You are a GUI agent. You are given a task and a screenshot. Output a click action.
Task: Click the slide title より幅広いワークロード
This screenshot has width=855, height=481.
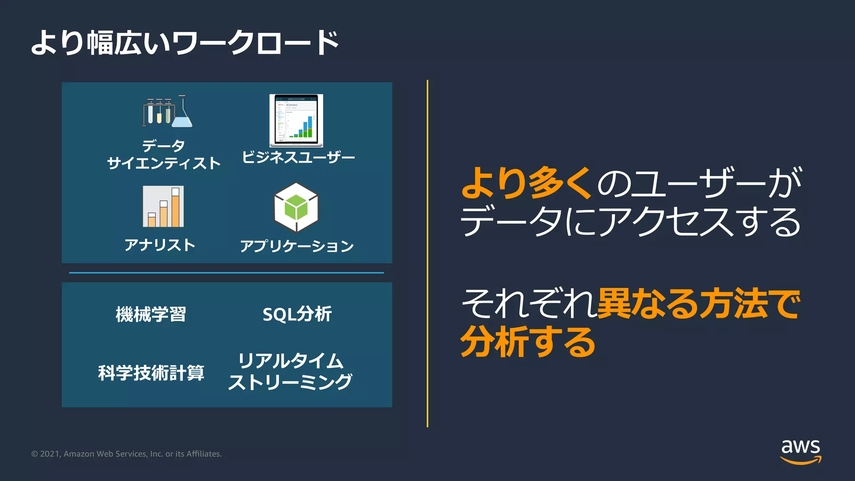[185, 43]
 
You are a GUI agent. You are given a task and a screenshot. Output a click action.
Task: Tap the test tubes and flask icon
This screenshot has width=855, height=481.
[167, 111]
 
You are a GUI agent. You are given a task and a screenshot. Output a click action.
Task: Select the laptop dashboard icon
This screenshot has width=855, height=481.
[296, 121]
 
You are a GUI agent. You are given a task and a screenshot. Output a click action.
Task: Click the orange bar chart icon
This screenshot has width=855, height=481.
[163, 207]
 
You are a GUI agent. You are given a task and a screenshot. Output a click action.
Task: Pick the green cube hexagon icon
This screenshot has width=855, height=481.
[296, 208]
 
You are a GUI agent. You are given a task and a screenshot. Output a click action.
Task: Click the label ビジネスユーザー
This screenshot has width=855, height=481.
[298, 157]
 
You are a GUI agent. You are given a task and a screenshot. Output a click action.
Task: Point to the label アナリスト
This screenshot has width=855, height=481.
[160, 245]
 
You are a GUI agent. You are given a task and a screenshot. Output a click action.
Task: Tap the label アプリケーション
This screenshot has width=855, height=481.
[297, 246]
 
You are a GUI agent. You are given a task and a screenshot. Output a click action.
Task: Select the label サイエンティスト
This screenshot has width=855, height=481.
[164, 163]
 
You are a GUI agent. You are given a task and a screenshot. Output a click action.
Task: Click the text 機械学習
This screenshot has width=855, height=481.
[151, 314]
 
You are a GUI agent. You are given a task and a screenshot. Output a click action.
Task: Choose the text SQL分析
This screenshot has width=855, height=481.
[297, 314]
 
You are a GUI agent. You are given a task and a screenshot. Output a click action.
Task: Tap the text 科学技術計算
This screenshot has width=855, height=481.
[151, 373]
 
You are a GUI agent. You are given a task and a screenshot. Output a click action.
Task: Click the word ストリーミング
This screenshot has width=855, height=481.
[290, 382]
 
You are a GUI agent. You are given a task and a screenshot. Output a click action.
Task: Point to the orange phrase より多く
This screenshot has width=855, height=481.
[526, 183]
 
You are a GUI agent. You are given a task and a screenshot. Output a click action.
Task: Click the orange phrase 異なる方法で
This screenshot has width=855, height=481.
[699, 304]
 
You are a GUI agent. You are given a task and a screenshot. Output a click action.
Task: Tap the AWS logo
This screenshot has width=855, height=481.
[800, 451]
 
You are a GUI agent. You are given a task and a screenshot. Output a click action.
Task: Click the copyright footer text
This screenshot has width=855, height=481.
[126, 454]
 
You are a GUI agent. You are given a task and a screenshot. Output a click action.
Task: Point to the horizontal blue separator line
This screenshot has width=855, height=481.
[226, 273]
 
